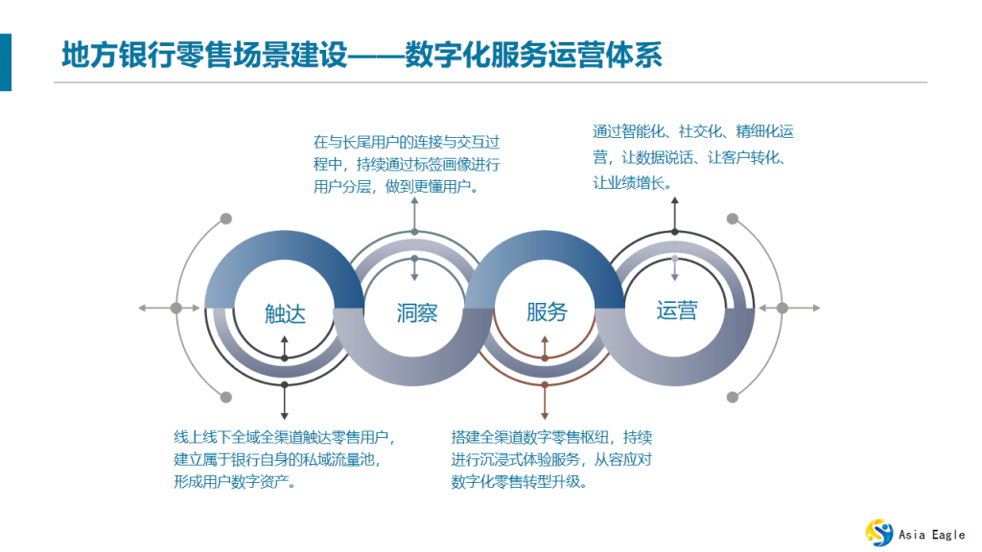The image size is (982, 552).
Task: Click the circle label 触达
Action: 285,312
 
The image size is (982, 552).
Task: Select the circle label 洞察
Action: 416,312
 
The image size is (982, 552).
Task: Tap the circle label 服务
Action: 547,311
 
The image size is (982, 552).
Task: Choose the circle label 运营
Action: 676,310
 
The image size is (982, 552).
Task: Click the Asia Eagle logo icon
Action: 879,532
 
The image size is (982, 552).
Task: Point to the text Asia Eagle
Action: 932,534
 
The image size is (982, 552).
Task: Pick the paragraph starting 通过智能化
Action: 692,156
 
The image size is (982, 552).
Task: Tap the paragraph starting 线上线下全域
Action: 285,459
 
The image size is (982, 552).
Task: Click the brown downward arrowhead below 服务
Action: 545,415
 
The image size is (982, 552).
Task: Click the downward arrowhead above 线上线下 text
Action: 285,415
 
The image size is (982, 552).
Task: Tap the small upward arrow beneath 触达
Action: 285,339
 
